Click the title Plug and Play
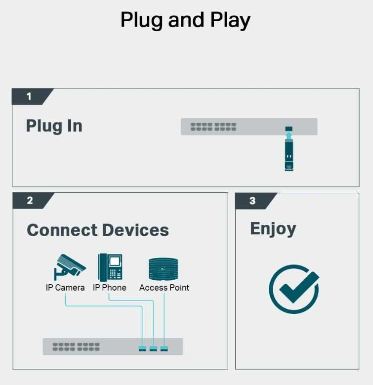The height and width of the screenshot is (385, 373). pos(185,21)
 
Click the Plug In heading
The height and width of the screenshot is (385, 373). pos(54,126)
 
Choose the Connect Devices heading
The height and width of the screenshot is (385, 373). pos(98,230)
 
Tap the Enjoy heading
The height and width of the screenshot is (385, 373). pos(273,229)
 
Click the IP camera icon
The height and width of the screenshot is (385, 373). pos(70,267)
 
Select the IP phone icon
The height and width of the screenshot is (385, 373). pos(110,267)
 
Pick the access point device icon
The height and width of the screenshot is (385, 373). pos(163,269)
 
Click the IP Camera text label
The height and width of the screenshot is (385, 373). pos(65,288)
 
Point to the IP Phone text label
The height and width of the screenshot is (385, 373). pos(110,288)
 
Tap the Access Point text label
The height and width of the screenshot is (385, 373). pos(164,288)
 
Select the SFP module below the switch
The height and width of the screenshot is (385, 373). pos(289,155)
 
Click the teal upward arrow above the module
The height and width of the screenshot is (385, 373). pos(289,135)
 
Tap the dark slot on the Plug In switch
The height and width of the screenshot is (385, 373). pos(289,128)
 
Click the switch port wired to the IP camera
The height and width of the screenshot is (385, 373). pos(142,348)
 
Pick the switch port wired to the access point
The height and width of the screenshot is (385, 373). pos(164,348)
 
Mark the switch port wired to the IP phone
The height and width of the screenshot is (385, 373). pos(153,348)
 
